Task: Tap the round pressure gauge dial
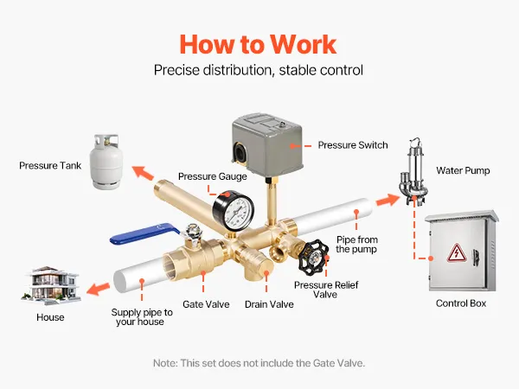(234, 211)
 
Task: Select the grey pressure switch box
(267, 143)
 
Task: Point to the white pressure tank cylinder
(106, 162)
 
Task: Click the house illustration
(51, 285)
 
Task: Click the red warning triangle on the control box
(457, 253)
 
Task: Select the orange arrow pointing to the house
(98, 289)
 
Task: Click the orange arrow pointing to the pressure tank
(143, 172)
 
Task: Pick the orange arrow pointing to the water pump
(388, 200)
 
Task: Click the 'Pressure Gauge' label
(213, 176)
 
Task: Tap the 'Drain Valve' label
(269, 304)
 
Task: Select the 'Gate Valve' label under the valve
(206, 304)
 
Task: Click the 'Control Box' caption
(461, 303)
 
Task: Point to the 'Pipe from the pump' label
(356, 245)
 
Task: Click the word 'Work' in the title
(303, 44)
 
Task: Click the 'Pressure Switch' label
(353, 145)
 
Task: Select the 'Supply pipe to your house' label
(142, 317)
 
